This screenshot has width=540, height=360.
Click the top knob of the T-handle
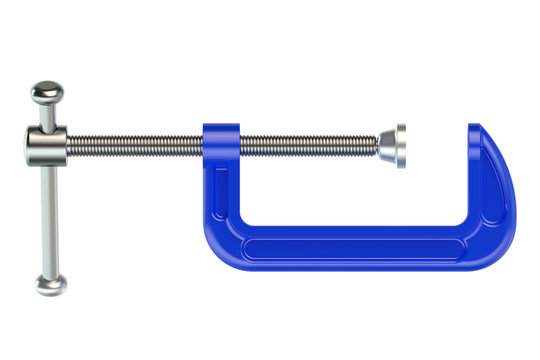click(x=45, y=95)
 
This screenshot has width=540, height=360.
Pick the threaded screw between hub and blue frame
click(x=135, y=145)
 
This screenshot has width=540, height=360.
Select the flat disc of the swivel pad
click(x=400, y=145)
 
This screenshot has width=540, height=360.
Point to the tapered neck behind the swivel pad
click(x=386, y=145)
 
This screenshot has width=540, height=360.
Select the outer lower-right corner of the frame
click(x=500, y=255)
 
